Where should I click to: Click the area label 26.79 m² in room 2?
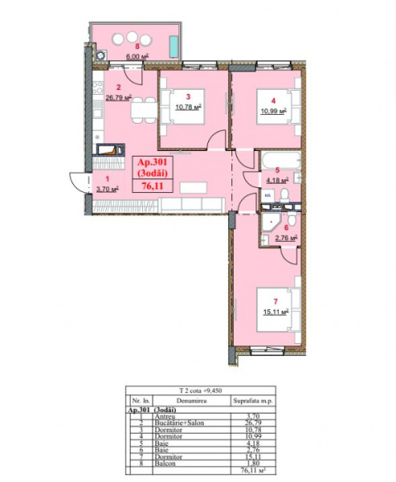(117, 100)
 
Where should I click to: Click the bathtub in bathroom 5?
(277, 160)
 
